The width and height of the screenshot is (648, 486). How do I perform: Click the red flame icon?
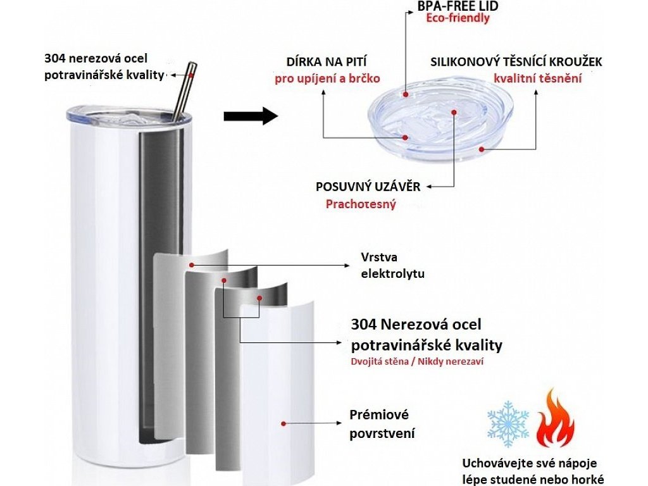[x=555, y=418]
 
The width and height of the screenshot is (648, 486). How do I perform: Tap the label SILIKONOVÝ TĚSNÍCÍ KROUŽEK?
[x=516, y=62]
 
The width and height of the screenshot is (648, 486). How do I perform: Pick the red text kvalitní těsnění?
[x=537, y=79]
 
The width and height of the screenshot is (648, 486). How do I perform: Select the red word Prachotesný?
[x=361, y=204]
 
